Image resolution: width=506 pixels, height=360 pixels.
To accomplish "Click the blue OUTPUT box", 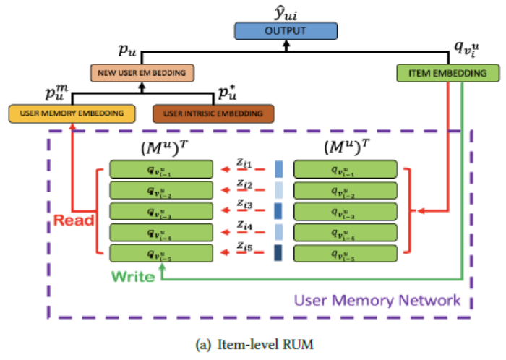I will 286,31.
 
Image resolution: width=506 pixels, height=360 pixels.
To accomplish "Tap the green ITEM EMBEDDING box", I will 448,72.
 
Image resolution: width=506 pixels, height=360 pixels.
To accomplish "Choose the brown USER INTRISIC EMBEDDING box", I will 213,113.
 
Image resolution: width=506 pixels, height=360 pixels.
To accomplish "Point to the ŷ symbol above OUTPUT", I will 288,10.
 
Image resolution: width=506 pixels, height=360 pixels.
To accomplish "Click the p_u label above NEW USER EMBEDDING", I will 127,53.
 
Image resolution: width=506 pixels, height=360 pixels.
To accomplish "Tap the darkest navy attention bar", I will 278,253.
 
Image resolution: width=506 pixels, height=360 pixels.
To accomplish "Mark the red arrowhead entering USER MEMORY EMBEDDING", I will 72,127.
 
